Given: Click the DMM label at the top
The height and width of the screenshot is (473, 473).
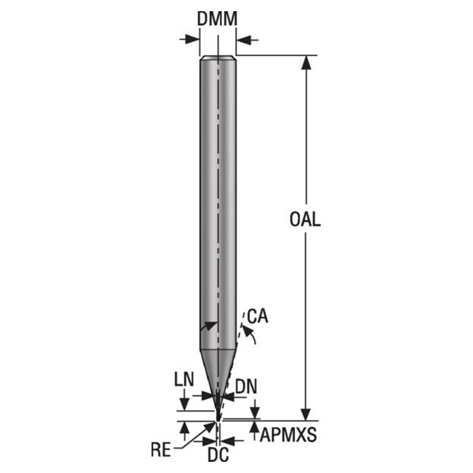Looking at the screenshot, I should point(217,19).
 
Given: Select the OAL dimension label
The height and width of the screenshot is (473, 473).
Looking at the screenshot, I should point(304,220).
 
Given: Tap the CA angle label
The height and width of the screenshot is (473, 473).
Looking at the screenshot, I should point(257,317).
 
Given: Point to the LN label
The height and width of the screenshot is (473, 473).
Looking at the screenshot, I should point(183,379).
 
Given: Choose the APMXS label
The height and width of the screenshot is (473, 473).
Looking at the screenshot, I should point(288,435).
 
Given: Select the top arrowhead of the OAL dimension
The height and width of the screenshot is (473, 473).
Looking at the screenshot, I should point(304,61).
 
